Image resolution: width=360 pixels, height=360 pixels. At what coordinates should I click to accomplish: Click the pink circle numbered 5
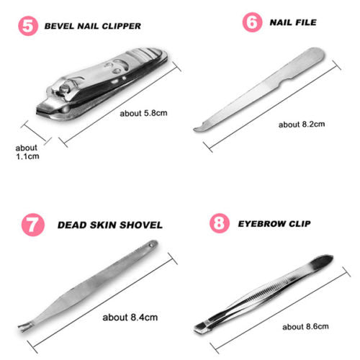28,26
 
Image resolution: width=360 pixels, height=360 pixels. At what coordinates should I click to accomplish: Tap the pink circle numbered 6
252,22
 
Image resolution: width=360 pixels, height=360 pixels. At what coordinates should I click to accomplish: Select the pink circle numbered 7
33,225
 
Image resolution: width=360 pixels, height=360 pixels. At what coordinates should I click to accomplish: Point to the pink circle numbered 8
219,223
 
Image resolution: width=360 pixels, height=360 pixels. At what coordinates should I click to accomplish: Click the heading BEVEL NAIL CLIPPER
93,26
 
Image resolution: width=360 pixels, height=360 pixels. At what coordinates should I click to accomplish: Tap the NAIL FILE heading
293,22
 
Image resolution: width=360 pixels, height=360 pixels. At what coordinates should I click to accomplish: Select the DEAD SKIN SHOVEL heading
110,225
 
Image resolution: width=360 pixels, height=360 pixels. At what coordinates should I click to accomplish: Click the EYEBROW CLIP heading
274,224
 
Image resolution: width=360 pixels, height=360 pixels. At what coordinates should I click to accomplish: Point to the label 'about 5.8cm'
143,113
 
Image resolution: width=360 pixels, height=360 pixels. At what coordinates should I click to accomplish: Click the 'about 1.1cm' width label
27,152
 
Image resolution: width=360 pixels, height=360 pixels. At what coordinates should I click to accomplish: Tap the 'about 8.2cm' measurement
302,125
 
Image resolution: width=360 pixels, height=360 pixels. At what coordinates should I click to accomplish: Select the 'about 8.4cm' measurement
130,318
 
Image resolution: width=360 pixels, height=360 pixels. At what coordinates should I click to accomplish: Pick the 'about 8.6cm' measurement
305,327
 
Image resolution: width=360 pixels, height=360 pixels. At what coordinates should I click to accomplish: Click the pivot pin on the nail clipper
64,89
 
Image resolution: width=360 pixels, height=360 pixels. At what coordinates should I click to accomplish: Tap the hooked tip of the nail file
199,128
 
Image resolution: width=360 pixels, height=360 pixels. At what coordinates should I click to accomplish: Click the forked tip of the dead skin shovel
24,327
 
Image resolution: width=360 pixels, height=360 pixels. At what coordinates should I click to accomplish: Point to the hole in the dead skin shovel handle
151,246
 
